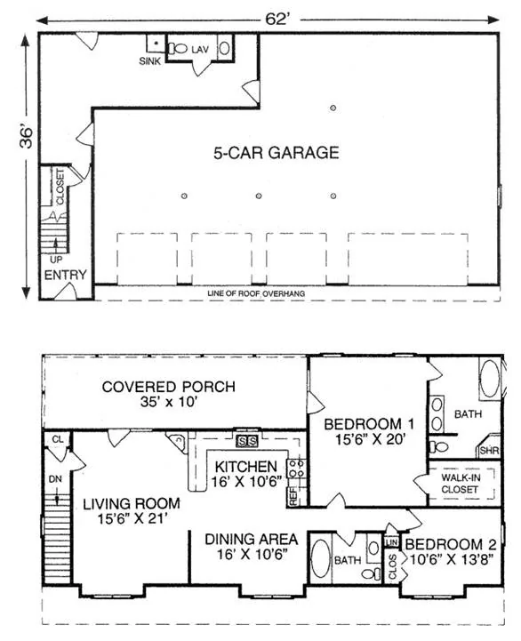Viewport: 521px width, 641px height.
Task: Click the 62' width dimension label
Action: point(277,19)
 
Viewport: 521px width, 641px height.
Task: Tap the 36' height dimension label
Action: point(26,138)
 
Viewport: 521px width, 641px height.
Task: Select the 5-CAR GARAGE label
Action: point(276,153)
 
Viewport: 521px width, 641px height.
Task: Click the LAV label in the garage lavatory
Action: point(200,50)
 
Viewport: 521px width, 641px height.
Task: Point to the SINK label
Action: point(150,61)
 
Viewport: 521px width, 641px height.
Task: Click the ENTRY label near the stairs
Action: point(66,275)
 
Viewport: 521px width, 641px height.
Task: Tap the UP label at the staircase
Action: point(56,260)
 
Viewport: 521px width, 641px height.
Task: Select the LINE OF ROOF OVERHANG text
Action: point(256,293)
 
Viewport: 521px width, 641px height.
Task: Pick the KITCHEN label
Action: point(246,467)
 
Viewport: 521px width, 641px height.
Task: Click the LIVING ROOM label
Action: point(132,503)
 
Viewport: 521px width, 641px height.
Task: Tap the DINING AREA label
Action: point(251,540)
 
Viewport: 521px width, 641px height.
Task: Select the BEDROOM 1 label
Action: point(369,424)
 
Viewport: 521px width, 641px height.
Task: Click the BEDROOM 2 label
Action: point(451,544)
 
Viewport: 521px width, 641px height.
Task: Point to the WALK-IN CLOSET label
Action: point(461,484)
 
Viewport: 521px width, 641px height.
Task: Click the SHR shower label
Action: point(489,451)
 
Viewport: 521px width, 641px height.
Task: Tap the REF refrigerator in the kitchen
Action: point(293,495)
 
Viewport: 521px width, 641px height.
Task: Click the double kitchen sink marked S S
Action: point(246,442)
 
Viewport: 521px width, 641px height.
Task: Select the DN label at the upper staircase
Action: point(56,478)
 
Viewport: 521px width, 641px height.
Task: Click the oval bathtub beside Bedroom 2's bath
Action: point(320,559)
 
